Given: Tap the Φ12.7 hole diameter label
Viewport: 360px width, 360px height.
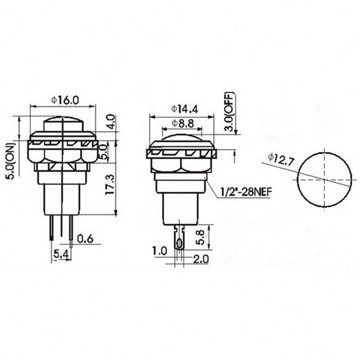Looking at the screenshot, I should (280, 158).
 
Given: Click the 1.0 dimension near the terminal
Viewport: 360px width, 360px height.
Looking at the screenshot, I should (159, 250).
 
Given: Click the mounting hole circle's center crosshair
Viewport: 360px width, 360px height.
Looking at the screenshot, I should (324, 179).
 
